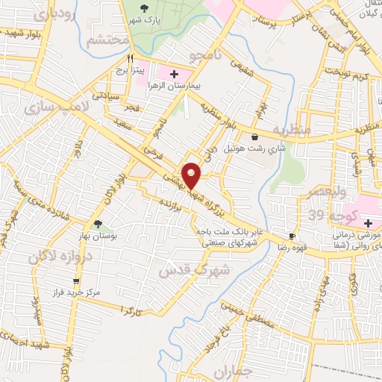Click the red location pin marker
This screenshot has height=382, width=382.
pos(192,175)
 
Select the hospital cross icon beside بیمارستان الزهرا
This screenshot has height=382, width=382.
pos(175,74)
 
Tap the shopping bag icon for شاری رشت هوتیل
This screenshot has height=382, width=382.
pos(255,137)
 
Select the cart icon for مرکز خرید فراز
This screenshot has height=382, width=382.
pos(76,281)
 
